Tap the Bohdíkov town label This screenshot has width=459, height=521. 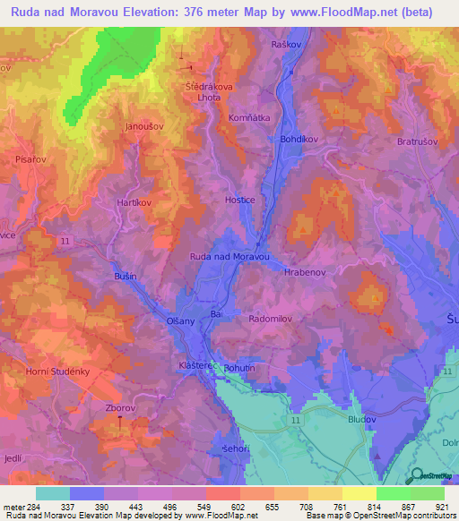click(298, 140)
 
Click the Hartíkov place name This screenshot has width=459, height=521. click(134, 203)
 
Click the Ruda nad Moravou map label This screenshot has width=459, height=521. click(229, 257)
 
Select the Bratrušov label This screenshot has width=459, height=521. click(417, 141)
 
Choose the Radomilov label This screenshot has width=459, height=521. click(271, 318)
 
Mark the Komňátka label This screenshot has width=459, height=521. click(267, 117)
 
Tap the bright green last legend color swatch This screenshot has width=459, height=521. click(427, 493)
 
